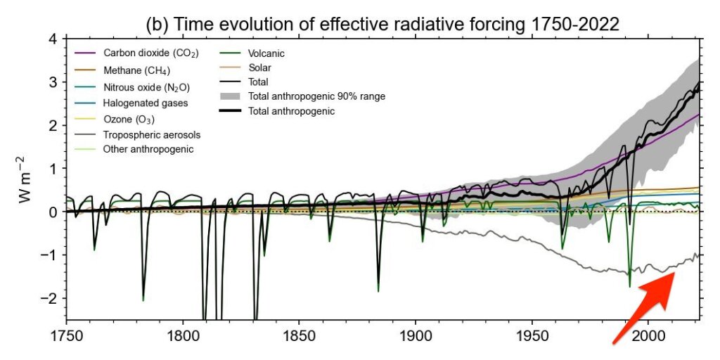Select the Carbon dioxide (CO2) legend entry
pos(141,53)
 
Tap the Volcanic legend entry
pos(263,53)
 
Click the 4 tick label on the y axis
pos(52,39)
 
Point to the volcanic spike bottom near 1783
pos(143,300)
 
